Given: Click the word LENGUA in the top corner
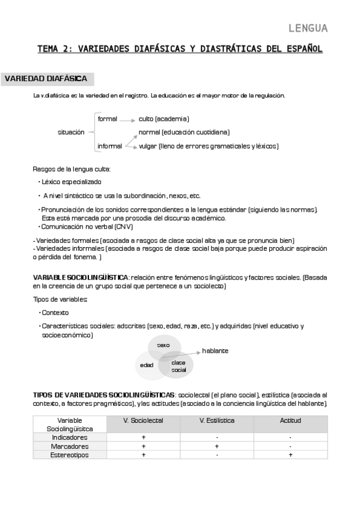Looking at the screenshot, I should (x=308, y=28).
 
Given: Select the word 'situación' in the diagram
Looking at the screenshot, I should (x=71, y=132).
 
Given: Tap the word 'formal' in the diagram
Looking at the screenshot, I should (x=107, y=119).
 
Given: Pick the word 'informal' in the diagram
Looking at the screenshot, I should (x=109, y=146).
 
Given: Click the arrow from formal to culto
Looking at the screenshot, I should (x=127, y=120).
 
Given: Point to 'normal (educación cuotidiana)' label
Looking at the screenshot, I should (x=184, y=132).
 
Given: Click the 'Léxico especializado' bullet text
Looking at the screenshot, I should (x=72, y=181).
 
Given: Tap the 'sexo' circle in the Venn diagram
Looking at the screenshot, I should (x=163, y=345).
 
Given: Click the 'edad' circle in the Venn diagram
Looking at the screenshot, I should (x=147, y=365).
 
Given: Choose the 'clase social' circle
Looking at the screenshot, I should (x=178, y=366).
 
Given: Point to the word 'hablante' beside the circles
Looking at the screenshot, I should (x=215, y=351).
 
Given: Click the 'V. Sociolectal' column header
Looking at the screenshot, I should (x=143, y=420).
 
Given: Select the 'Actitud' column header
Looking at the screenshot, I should (x=290, y=420).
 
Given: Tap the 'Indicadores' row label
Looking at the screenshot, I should (x=70, y=437).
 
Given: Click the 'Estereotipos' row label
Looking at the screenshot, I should (x=70, y=455).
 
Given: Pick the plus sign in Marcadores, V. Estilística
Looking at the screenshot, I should (x=216, y=446).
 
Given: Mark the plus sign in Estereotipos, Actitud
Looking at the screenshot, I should (x=290, y=455).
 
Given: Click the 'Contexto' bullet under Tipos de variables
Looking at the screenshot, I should (x=55, y=312).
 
